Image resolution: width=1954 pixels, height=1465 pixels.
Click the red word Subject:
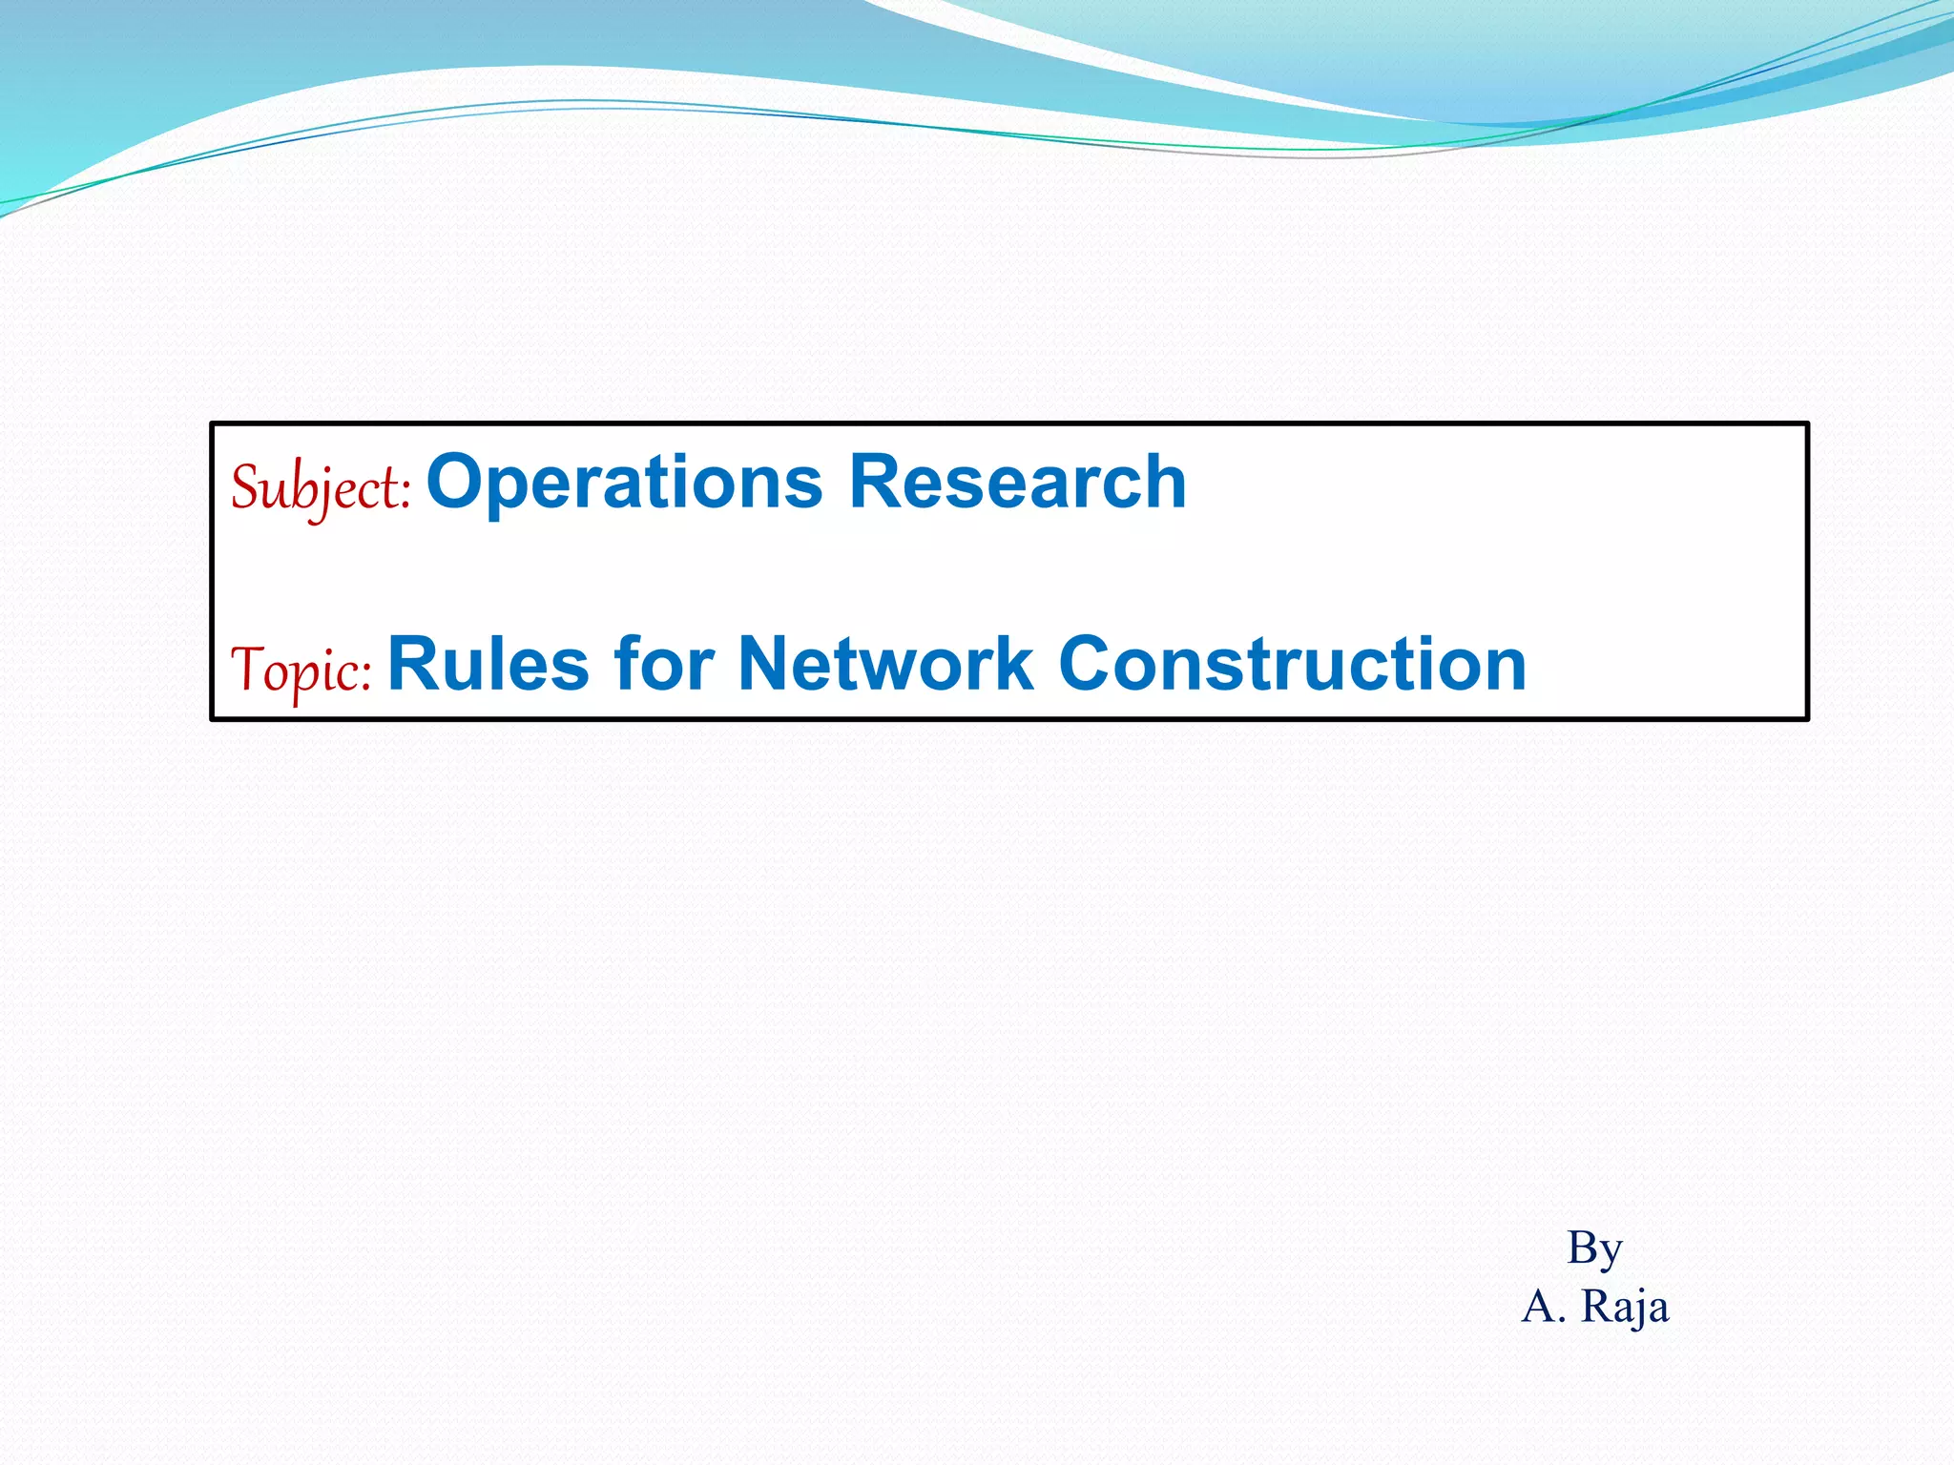click(x=321, y=487)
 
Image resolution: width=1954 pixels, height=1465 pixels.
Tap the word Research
click(x=1017, y=482)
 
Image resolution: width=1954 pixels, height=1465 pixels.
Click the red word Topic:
click(x=301, y=670)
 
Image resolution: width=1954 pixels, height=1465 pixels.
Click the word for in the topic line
click(x=664, y=664)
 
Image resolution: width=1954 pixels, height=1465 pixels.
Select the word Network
click(x=885, y=664)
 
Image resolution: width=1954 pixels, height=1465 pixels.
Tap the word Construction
click(x=1292, y=664)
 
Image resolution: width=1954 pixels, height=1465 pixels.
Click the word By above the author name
click(x=1594, y=1248)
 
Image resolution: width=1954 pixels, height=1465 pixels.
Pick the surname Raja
click(x=1625, y=1307)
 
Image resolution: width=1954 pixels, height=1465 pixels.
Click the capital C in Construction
click(x=1088, y=664)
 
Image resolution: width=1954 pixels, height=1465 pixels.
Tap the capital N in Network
click(x=764, y=664)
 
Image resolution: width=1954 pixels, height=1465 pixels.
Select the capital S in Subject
click(x=246, y=487)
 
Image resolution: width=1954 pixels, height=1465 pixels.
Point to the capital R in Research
click(x=872, y=482)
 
